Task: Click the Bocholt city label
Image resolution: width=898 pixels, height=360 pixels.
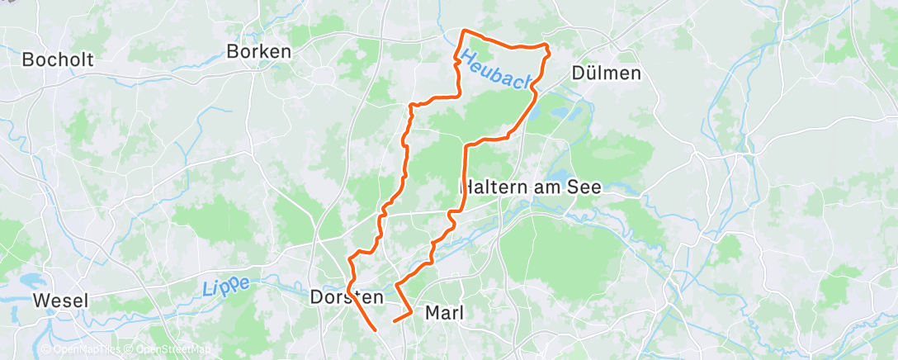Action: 58,59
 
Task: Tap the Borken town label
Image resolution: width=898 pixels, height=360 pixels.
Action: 258,51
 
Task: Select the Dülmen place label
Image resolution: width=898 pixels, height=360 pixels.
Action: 606,73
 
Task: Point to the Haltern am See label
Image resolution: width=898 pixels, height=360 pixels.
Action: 531,187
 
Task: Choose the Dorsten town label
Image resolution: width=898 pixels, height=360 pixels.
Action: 346,296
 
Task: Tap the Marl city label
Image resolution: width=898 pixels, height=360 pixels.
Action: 444,313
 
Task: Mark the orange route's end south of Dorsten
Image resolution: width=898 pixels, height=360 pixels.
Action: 376,330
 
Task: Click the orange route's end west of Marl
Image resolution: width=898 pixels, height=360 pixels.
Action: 394,320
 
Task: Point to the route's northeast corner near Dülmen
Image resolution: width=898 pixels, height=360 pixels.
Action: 546,45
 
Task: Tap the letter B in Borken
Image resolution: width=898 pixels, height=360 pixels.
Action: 232,51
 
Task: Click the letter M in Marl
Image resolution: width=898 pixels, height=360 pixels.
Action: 432,313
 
